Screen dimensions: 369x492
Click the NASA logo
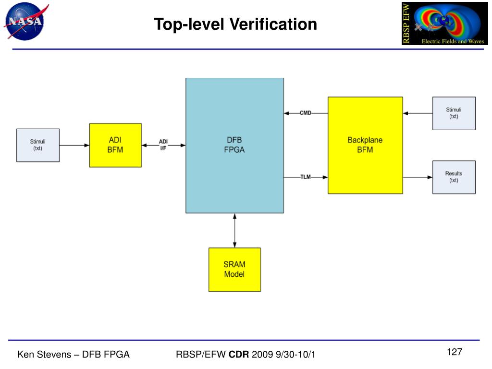(x=24, y=22)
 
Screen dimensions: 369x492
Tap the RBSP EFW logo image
(x=444, y=24)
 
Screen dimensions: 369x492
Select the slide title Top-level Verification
(x=235, y=24)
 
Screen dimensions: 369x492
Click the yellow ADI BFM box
(x=115, y=145)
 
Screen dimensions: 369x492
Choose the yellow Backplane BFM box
(x=365, y=145)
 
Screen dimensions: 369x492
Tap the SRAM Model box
(x=234, y=270)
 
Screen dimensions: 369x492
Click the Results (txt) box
(x=454, y=177)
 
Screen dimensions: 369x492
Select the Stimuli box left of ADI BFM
(x=38, y=145)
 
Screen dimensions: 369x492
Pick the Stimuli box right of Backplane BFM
(x=454, y=113)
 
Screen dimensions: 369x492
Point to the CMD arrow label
(x=306, y=113)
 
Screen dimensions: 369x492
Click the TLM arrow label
(x=306, y=177)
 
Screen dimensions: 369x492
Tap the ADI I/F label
(x=163, y=145)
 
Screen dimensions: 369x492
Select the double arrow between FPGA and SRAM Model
(x=234, y=230)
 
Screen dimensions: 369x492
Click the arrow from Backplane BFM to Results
(x=418, y=177)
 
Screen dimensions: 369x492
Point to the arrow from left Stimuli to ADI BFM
(x=74, y=145)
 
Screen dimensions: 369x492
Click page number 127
(x=454, y=353)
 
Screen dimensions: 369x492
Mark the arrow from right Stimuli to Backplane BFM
(x=418, y=113)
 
